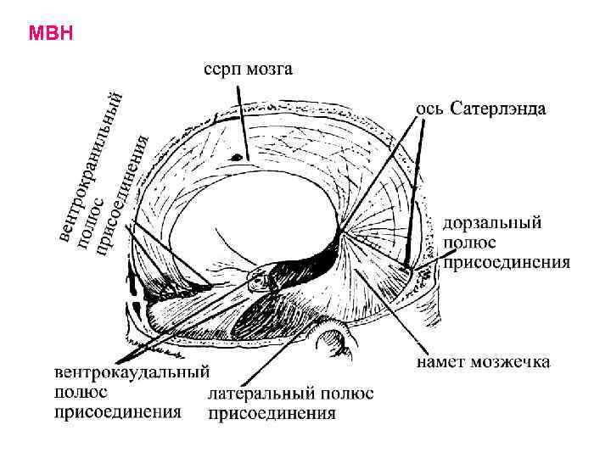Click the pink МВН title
point(51,34)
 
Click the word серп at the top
point(221,70)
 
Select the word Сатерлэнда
point(498,109)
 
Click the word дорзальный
point(493,225)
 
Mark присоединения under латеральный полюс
point(272,414)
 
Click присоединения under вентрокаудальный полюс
point(118,412)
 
